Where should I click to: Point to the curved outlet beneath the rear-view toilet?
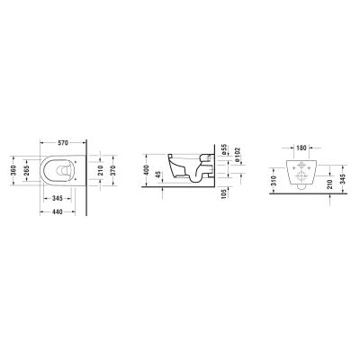(303, 190)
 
